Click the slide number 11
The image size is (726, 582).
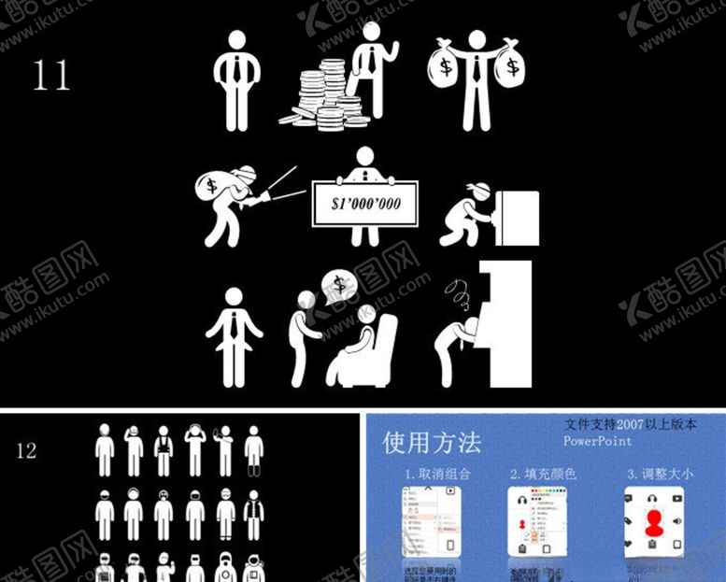pos(51,76)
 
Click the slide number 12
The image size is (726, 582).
pos(26,451)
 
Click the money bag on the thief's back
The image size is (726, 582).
pos(212,183)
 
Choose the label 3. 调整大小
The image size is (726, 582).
pos(660,474)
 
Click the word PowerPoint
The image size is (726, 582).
pos(598,441)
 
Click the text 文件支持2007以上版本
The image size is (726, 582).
pos(631,424)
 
